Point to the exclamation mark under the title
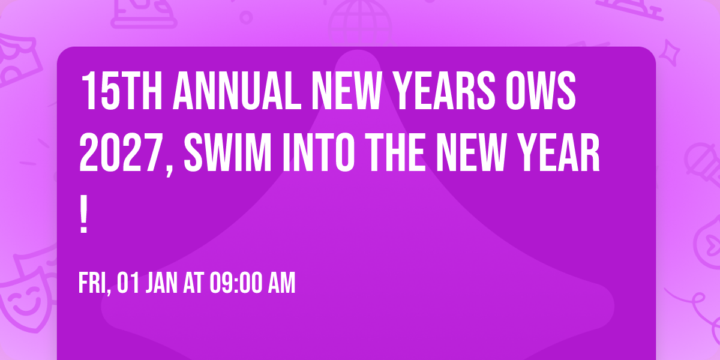[84, 217]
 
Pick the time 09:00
[236, 283]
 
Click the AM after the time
[282, 283]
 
